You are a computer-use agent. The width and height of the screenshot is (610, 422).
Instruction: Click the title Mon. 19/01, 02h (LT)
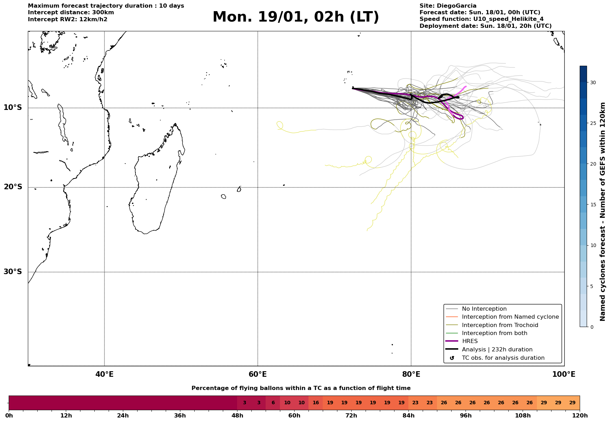point(296,17)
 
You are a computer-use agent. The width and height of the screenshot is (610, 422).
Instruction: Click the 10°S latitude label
point(13,108)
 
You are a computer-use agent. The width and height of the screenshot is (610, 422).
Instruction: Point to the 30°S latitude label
point(13,272)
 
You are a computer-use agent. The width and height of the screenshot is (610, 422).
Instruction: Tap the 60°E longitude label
point(258,374)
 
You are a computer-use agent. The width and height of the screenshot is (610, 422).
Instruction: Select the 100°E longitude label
point(564,374)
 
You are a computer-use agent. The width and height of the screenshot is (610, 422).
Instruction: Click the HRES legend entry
point(470,341)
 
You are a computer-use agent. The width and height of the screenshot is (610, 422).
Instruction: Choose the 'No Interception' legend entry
point(484,309)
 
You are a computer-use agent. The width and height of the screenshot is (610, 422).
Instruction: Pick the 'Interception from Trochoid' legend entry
point(500,325)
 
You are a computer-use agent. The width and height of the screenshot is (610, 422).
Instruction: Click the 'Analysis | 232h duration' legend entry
point(497,350)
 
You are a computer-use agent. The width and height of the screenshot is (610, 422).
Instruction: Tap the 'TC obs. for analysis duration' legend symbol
point(452,358)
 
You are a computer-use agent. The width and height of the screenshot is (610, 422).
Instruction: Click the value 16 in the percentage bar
point(315,403)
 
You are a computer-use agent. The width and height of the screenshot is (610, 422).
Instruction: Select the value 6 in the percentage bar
point(273,403)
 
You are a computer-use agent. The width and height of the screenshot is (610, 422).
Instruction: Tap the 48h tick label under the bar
point(237,416)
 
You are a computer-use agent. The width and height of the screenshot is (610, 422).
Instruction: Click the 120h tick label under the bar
point(580,416)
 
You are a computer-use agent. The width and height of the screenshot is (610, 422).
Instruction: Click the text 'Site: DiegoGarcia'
point(448,6)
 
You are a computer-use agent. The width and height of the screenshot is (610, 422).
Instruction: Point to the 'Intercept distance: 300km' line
point(71,13)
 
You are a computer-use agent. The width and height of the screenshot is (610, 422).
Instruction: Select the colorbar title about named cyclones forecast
point(603,212)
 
